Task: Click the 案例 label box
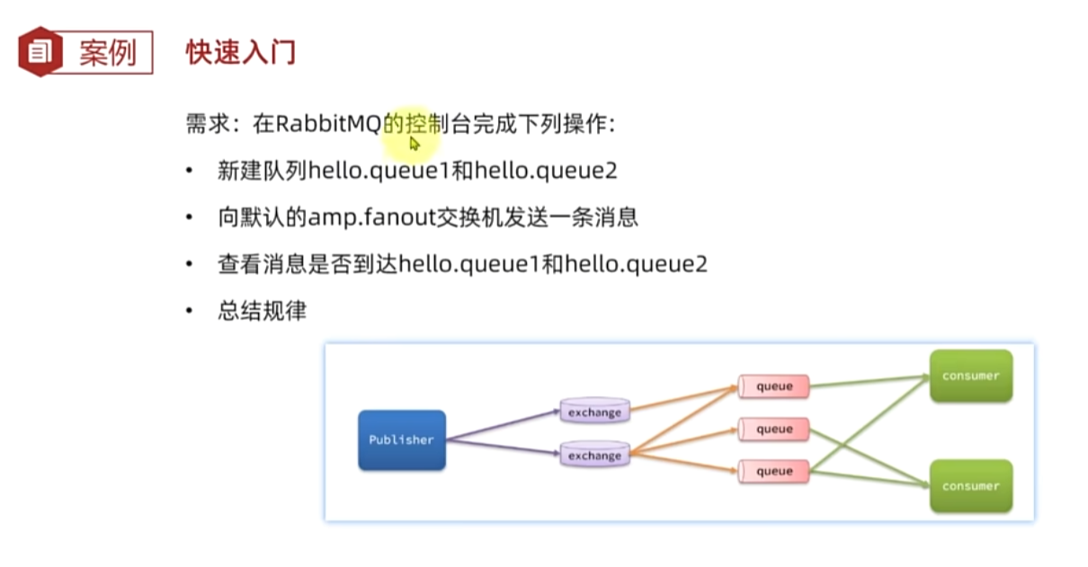tap(107, 52)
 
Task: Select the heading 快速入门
tap(240, 51)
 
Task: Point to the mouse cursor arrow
tap(415, 143)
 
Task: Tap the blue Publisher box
tap(401, 440)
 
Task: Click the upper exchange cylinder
tap(593, 412)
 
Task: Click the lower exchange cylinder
tap(593, 454)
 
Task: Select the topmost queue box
tap(773, 386)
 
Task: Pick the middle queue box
tap(773, 430)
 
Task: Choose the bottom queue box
tap(773, 471)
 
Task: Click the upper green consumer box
tap(971, 376)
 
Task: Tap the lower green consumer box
tap(971, 486)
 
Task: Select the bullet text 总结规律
tap(262, 311)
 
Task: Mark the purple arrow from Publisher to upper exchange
tap(504, 424)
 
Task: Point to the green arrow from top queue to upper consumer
tap(868, 381)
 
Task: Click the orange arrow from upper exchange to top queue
tap(683, 399)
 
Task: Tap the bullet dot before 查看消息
tap(189, 265)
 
